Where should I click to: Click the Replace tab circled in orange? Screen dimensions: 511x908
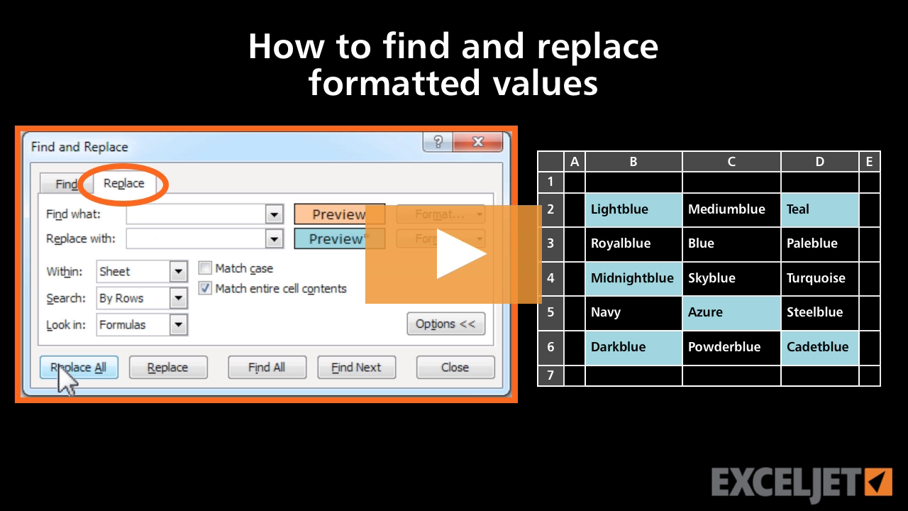tap(123, 183)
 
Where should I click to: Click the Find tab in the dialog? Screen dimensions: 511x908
tap(66, 185)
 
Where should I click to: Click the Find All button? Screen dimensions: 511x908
tap(267, 367)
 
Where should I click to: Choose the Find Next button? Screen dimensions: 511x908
tap(356, 367)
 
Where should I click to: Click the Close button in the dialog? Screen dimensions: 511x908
tap(455, 367)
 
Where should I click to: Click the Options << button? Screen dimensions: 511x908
tap(445, 324)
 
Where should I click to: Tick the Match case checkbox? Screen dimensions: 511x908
tap(206, 268)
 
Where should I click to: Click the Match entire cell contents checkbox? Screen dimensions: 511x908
tap(206, 288)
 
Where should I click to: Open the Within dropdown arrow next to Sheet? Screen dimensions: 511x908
tap(179, 271)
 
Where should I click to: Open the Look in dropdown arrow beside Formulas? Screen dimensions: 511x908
tap(179, 325)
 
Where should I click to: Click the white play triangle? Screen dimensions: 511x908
tap(458, 254)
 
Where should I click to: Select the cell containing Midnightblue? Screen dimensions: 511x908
tap(633, 278)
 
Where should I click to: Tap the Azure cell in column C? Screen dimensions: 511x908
tap(731, 312)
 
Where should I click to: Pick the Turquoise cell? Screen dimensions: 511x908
tap(819, 278)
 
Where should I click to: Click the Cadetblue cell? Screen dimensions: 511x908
tap(819, 347)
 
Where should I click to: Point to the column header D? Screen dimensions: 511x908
tap(819, 162)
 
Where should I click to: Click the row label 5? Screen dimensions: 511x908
tap(550, 312)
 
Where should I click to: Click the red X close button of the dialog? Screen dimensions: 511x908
tap(477, 142)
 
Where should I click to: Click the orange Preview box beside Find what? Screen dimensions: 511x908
tap(339, 214)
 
